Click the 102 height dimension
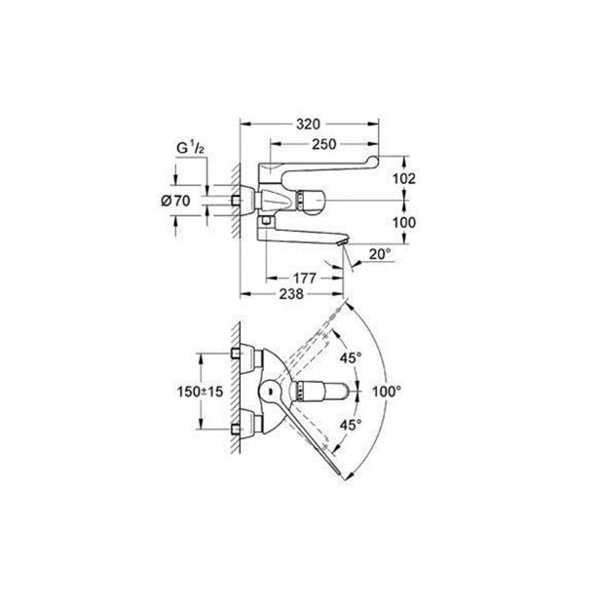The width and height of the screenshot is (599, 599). click(x=404, y=178)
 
